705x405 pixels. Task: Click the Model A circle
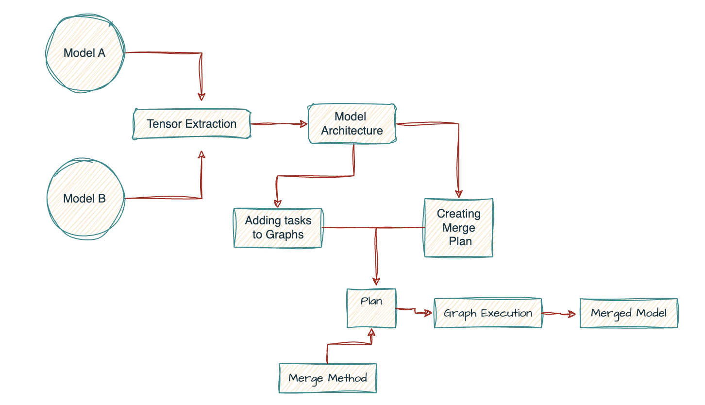click(84, 53)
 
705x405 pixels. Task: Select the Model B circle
click(84, 199)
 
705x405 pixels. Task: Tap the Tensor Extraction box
click(191, 124)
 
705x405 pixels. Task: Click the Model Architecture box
click(352, 123)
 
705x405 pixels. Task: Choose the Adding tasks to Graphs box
click(278, 228)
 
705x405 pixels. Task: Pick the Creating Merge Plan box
click(458, 227)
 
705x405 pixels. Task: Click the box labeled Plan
click(371, 307)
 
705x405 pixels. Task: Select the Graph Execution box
click(487, 313)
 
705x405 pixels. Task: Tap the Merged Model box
click(629, 313)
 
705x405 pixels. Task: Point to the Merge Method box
click(328, 378)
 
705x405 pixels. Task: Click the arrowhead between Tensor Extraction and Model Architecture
click(304, 124)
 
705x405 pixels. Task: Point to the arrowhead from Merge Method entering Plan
click(372, 332)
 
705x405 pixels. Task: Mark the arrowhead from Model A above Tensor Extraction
click(201, 96)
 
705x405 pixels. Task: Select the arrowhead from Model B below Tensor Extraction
click(202, 154)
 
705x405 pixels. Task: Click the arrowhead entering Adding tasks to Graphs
click(278, 203)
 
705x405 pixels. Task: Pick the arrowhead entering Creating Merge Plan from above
click(459, 193)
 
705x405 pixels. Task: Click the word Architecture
click(352, 131)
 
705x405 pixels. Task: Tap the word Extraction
click(214, 124)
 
